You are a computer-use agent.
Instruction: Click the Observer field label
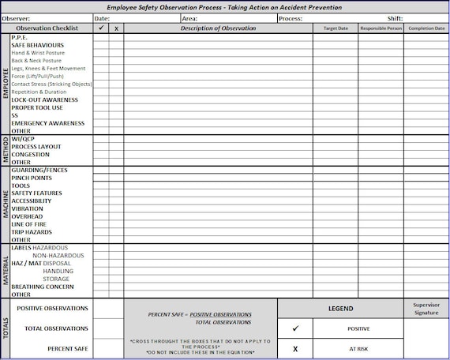[x=17, y=17]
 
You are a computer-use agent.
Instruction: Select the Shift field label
[x=396, y=17]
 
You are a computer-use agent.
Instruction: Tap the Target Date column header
[x=335, y=28]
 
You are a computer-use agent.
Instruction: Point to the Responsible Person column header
[x=381, y=28]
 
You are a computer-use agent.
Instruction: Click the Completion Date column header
[x=426, y=28]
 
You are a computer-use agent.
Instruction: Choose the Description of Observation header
[x=218, y=28]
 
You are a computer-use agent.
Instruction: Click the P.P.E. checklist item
[x=19, y=38]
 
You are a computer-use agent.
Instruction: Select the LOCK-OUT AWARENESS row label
[x=44, y=100]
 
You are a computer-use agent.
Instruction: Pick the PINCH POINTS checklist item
[x=32, y=178]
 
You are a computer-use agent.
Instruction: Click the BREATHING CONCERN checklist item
[x=43, y=287]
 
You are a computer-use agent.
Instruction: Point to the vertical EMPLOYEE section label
[x=6, y=84]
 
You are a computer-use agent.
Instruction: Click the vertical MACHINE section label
[x=6, y=204]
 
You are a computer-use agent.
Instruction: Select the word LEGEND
[x=340, y=309]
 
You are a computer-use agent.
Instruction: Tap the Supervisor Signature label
[x=426, y=309]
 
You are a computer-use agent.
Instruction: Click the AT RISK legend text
[x=358, y=348]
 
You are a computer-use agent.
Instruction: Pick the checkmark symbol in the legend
[x=295, y=328]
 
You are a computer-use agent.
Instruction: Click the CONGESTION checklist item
[x=31, y=154]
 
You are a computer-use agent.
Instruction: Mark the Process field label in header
[x=290, y=17]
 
